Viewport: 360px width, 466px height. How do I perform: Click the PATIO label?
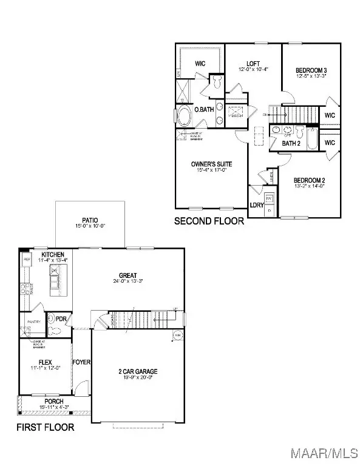pos(90,221)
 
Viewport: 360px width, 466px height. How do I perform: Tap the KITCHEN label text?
pos(53,254)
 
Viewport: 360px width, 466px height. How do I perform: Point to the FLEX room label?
pos(44,362)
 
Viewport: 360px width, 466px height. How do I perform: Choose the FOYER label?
pos(81,362)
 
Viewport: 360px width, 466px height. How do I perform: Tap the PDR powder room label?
pos(61,319)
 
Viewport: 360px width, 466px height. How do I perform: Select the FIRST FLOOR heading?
pos(46,428)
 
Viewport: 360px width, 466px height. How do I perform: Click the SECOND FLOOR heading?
pos(209,221)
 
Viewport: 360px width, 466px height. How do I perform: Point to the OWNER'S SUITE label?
pos(211,164)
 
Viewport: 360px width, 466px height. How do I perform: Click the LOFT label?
pos(253,64)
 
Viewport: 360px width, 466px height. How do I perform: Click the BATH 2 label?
pos(291,143)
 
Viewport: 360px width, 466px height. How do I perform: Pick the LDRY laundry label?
pos(257,205)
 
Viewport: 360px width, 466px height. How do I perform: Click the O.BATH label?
pos(203,110)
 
